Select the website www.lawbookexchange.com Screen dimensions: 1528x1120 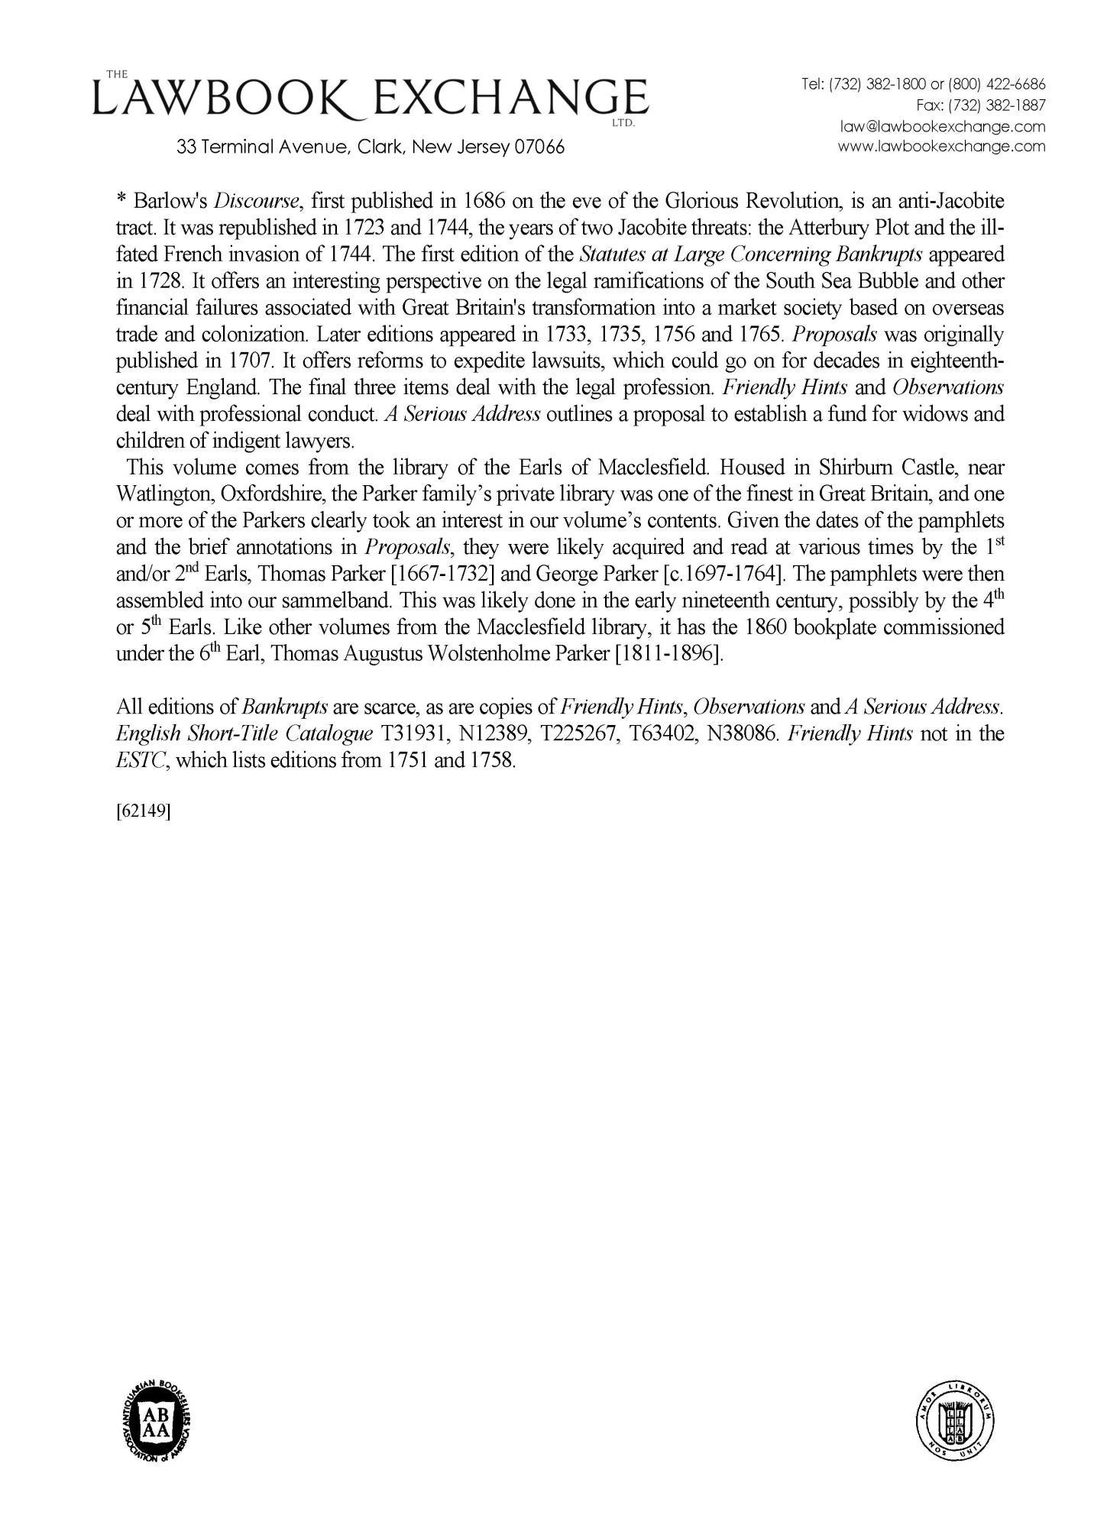(942, 146)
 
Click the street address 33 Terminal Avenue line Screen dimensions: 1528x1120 (371, 147)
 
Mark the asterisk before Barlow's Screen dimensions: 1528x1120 (121, 202)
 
